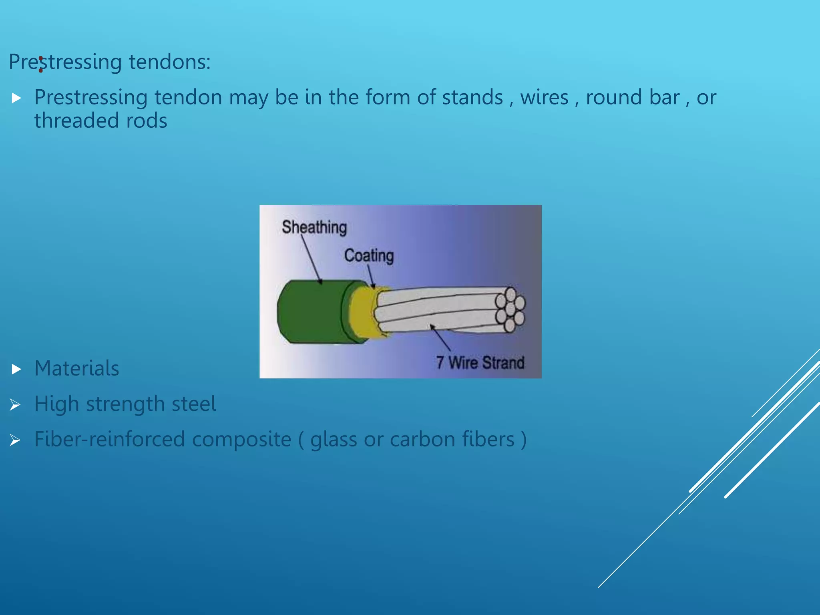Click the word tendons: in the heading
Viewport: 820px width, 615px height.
click(x=169, y=62)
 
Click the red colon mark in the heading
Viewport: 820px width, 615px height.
click(x=41, y=65)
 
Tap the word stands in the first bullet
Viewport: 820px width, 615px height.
click(x=472, y=97)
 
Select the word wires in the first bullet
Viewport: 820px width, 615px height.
click(x=544, y=97)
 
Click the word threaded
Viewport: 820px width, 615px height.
click(x=76, y=121)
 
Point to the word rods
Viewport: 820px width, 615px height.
click(x=147, y=121)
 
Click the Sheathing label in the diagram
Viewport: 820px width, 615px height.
click(x=314, y=227)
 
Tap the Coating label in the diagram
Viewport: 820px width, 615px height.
click(x=369, y=255)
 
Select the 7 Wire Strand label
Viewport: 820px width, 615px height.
click(x=480, y=363)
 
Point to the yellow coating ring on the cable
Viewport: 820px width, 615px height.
click(x=362, y=312)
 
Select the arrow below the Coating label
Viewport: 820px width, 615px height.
click(x=371, y=277)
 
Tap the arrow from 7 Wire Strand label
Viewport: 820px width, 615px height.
click(x=440, y=338)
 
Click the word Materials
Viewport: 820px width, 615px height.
click(x=76, y=368)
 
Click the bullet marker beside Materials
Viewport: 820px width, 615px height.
click(x=16, y=369)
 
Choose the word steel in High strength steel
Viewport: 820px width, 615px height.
click(x=194, y=404)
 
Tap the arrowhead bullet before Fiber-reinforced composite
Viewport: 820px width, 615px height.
click(x=15, y=440)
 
